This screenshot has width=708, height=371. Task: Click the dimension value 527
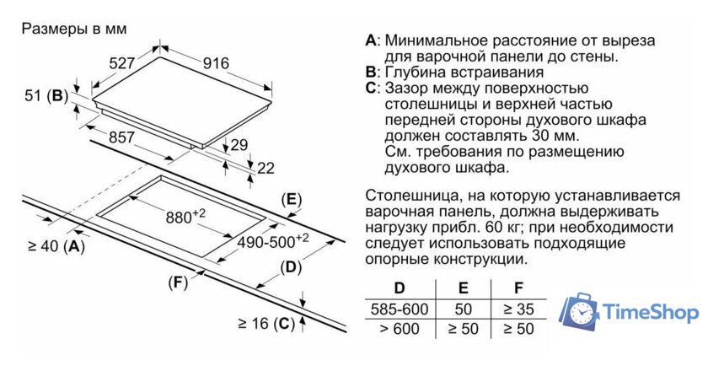tap(122, 62)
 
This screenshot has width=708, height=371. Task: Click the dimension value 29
tap(239, 145)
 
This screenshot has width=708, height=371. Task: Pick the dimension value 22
tap(265, 168)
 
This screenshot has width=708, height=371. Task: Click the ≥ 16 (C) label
tap(265, 323)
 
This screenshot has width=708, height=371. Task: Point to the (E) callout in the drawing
tap(291, 200)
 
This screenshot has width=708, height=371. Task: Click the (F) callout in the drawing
tap(178, 282)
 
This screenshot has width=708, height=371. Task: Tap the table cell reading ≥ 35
tap(518, 309)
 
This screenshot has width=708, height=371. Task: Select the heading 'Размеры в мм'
tap(74, 29)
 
